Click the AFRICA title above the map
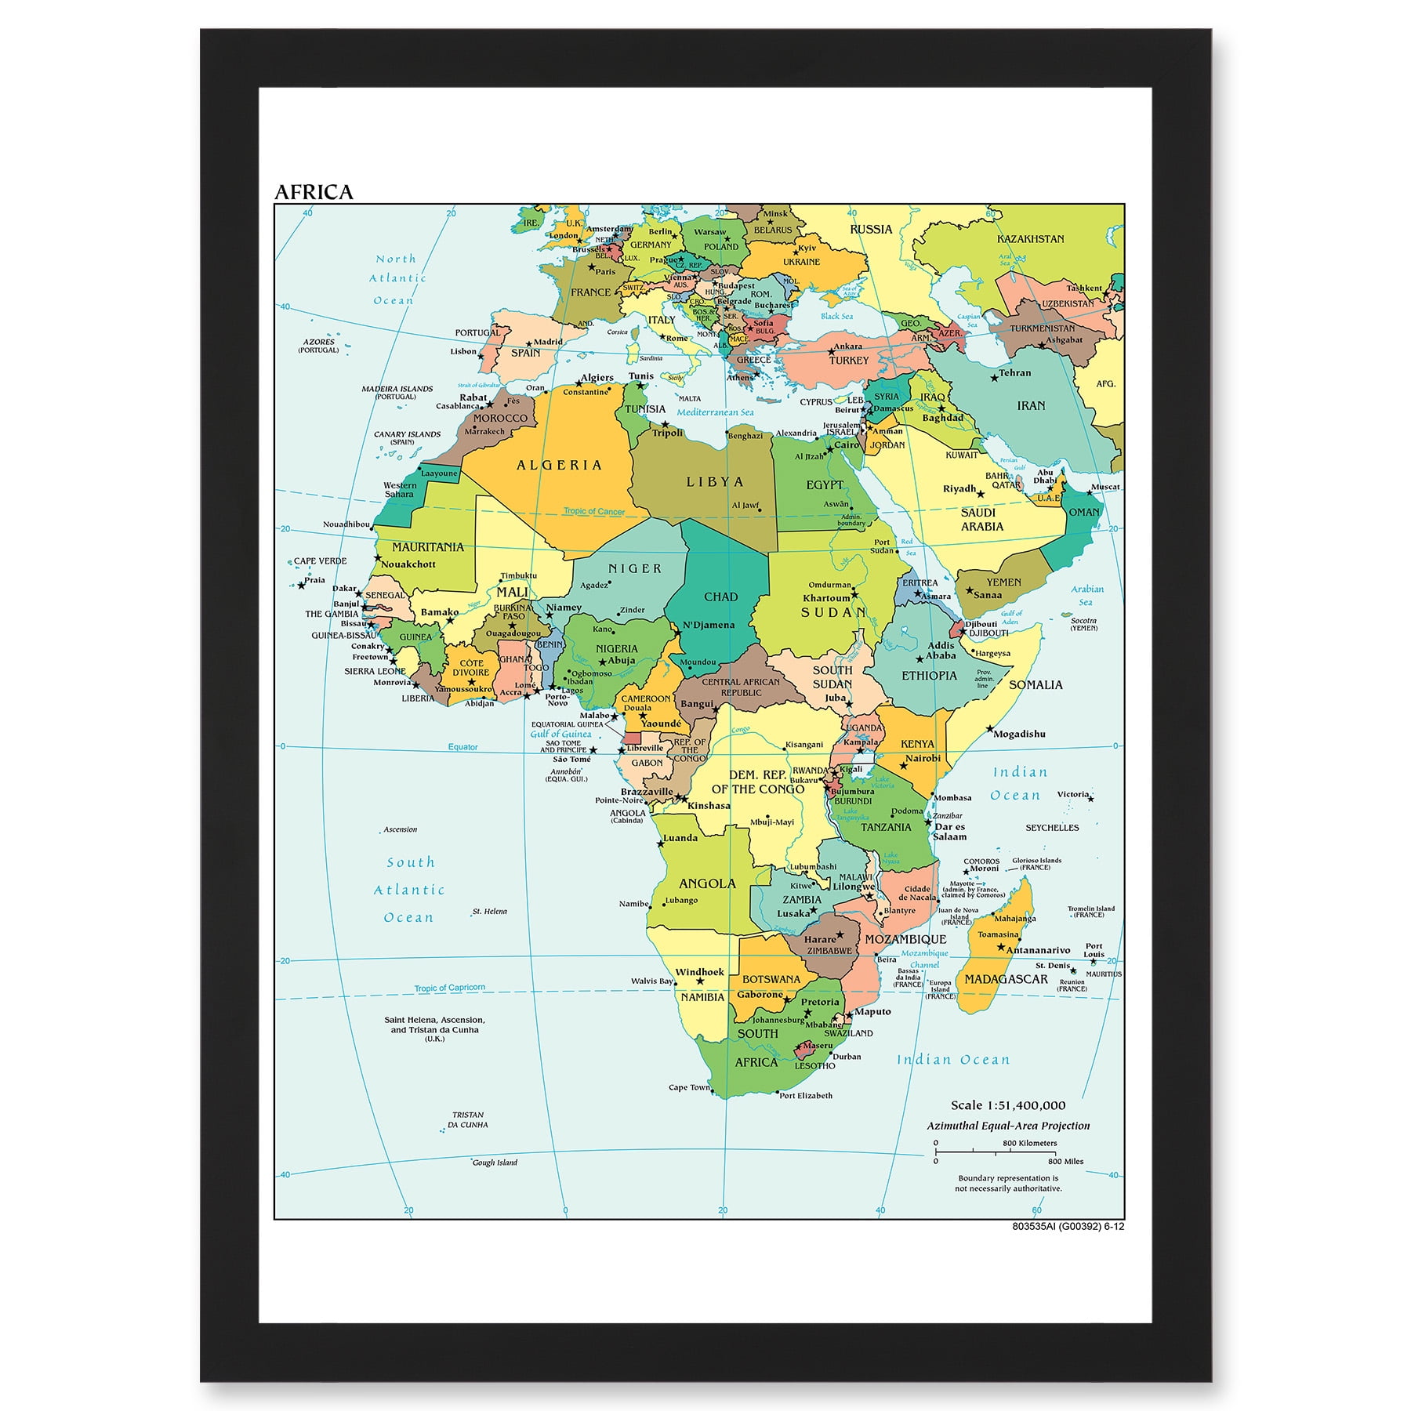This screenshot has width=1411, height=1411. [x=314, y=192]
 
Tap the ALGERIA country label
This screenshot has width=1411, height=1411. [x=559, y=465]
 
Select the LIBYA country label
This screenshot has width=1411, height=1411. [x=715, y=482]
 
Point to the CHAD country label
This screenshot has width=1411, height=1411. [x=720, y=597]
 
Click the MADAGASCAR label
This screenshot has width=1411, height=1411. [x=1006, y=979]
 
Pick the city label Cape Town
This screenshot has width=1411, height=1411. [x=688, y=1087]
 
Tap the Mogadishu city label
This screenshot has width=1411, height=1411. [x=1019, y=734]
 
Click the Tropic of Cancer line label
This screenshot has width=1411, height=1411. [x=594, y=511]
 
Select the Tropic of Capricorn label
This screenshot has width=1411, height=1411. [x=450, y=988]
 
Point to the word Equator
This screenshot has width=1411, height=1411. [x=462, y=747]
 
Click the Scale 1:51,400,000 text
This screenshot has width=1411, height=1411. [x=1008, y=1105]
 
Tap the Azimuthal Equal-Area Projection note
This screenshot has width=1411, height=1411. [x=1008, y=1126]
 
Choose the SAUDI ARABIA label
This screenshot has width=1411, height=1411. [x=981, y=519]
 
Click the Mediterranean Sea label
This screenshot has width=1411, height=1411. [x=715, y=412]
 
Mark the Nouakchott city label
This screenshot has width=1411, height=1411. [x=408, y=564]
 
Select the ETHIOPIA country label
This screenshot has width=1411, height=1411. [x=929, y=675]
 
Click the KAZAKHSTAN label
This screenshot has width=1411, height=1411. [x=1030, y=238]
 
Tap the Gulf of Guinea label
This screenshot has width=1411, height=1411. [x=560, y=735]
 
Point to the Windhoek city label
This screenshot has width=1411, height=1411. [x=699, y=972]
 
